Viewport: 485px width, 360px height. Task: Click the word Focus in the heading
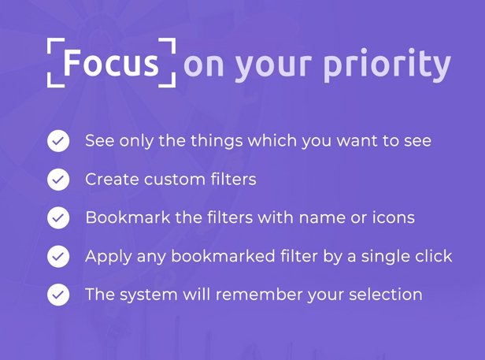point(111,63)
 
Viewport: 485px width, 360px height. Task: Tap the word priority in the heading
point(387,65)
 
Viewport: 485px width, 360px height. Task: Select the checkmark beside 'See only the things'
point(58,141)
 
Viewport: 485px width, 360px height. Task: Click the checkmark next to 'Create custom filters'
point(58,180)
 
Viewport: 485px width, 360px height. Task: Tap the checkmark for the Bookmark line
point(58,218)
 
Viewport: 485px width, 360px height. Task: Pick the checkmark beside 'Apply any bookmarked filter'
point(58,256)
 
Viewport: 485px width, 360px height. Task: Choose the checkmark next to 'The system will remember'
point(58,295)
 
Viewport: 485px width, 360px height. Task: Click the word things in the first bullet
point(217,141)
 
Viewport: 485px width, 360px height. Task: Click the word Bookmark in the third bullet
point(128,217)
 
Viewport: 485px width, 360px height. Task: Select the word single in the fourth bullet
point(386,257)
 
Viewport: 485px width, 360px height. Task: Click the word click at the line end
point(434,256)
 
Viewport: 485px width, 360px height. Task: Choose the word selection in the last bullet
point(386,295)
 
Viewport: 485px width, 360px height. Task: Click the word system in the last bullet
point(149,295)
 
